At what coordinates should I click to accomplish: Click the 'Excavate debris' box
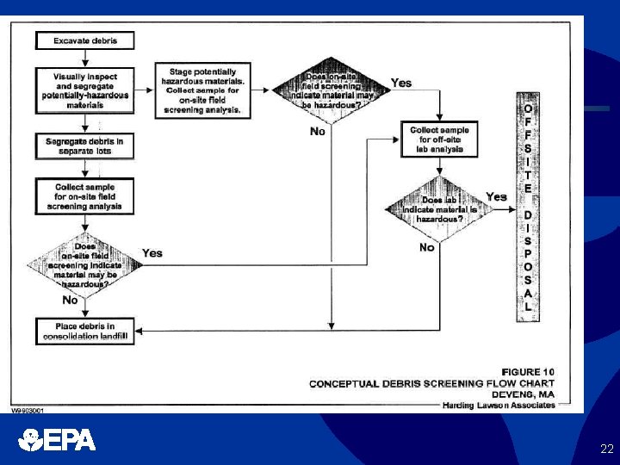84,40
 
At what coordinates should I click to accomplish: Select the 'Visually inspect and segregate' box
84,89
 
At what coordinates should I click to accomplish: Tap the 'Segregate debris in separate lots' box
84,146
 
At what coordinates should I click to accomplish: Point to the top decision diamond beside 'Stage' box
331,90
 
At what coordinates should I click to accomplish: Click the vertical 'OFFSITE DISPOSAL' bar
528,207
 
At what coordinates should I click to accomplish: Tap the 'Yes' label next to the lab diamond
496,197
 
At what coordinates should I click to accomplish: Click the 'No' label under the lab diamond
426,247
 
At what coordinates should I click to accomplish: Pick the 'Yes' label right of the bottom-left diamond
152,253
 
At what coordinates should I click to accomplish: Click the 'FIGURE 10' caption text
528,372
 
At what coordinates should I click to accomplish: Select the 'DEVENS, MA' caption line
526,394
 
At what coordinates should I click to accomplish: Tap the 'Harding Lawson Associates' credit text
499,405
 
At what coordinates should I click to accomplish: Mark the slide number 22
606,449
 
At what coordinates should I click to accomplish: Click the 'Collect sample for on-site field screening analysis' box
84,197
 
